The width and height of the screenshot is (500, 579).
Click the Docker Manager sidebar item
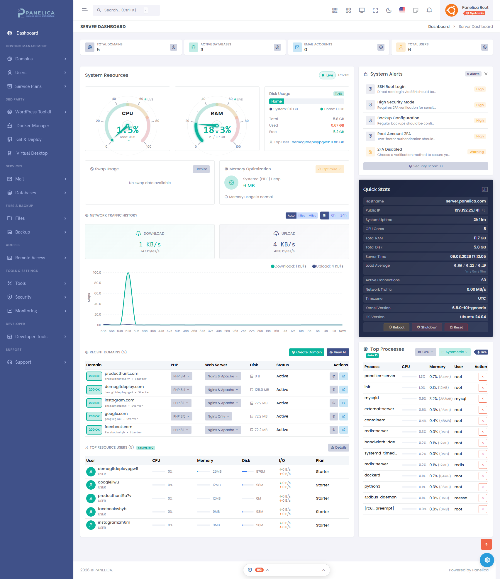(x=33, y=126)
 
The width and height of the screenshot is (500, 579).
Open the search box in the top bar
(x=126, y=10)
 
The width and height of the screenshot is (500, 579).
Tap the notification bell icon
(x=429, y=11)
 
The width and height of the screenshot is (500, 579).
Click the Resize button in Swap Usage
(x=202, y=169)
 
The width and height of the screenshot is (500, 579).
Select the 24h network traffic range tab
(x=343, y=215)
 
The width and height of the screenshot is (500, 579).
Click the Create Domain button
(x=306, y=352)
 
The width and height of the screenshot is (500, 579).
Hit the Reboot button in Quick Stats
(x=396, y=327)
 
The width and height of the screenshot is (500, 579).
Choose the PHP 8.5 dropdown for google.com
(x=181, y=416)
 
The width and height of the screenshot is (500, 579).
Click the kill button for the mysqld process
(x=482, y=399)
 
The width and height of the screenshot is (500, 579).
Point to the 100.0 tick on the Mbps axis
(x=97, y=273)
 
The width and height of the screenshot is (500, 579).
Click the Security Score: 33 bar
(x=426, y=166)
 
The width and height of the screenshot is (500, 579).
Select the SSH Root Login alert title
(x=391, y=86)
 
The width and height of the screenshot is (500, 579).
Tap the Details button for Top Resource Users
(x=338, y=447)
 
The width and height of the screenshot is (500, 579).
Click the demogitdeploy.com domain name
(x=124, y=387)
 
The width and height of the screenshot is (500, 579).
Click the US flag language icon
(x=402, y=10)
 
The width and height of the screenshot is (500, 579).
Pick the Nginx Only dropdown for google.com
(x=218, y=416)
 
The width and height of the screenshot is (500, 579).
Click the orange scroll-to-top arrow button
(x=486, y=544)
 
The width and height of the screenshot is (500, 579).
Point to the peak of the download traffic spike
(x=128, y=273)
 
